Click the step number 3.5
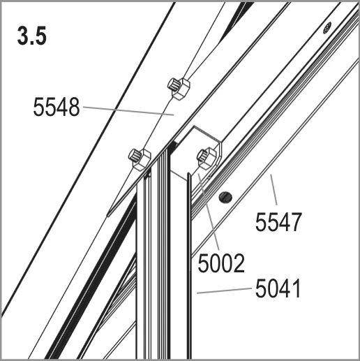(32, 36)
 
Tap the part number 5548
(57, 107)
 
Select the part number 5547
(278, 222)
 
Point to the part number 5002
(221, 263)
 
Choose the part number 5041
(278, 288)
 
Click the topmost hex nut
(179, 89)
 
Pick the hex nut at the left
(140, 159)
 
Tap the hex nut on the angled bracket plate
(207, 158)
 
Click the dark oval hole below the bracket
(225, 198)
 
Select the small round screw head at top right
(327, 28)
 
